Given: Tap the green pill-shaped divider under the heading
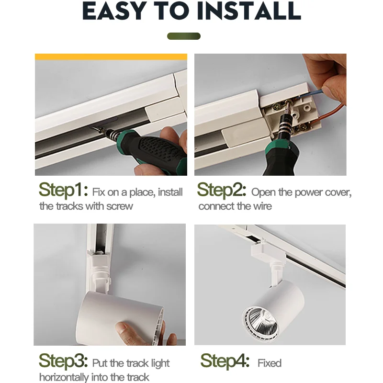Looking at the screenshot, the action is coord(184,36).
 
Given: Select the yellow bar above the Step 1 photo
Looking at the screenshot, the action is coord(111,56).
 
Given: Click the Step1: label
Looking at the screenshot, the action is coord(63,190).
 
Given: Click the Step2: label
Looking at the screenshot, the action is coord(222,190).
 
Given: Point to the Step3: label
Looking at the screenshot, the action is coord(63,361).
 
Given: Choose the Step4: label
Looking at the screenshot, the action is coord(225,361).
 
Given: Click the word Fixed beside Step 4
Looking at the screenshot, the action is coord(270,363).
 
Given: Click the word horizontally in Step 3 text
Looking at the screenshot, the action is coord(64,377).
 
